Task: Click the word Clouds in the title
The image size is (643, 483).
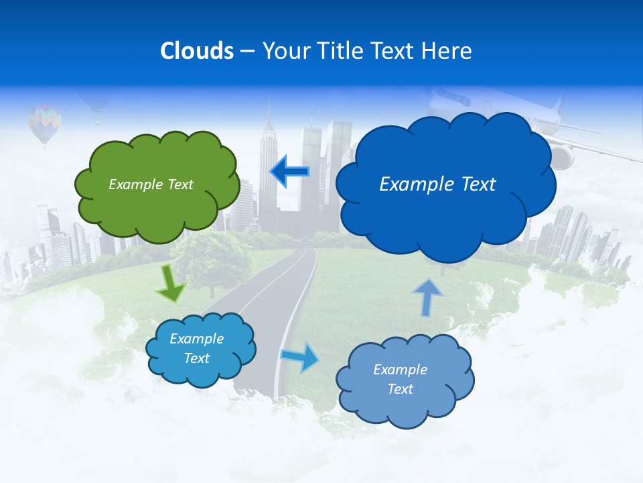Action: point(197,51)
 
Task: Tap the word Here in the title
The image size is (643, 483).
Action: point(447,51)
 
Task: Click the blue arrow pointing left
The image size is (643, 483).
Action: point(289,172)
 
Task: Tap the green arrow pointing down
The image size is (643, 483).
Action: point(171,284)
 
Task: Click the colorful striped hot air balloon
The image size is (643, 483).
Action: point(45,123)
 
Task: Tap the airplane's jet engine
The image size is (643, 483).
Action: point(561,157)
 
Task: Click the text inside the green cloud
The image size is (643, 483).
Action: point(151,184)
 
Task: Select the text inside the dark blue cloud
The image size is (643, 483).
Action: point(437,184)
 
